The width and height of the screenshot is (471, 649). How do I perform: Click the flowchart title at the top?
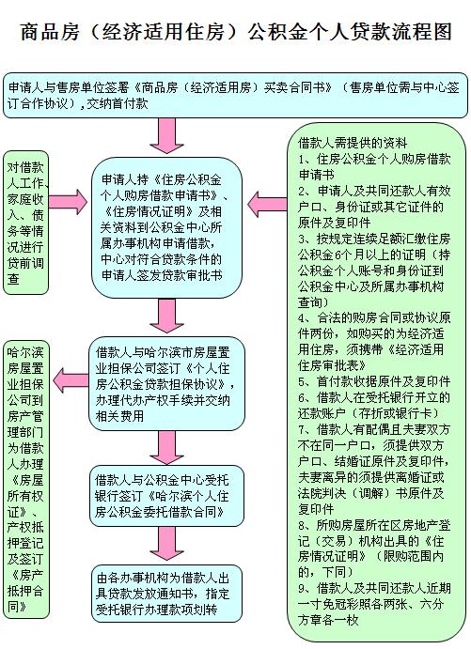pyautogui.click(x=236, y=32)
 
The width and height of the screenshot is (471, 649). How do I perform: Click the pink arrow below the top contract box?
pyautogui.click(x=166, y=136)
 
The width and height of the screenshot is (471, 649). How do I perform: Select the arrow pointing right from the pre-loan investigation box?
pyautogui.click(x=68, y=202)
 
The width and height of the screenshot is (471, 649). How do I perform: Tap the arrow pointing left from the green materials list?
pyautogui.click(x=267, y=204)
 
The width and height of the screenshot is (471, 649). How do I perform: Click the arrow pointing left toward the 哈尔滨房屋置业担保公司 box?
pyautogui.click(x=71, y=380)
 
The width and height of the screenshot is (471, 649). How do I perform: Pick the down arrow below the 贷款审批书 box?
pyautogui.click(x=166, y=315)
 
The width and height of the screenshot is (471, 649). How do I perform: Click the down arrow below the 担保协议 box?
pyautogui.click(x=166, y=447)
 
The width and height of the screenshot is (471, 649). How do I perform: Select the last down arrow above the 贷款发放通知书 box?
pyautogui.click(x=166, y=544)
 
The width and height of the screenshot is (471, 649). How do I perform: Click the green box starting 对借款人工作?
pyautogui.click(x=25, y=223)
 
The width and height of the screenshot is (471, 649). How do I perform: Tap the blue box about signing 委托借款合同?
pyautogui.click(x=166, y=496)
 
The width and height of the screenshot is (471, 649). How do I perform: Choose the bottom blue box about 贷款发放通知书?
pyautogui.click(x=166, y=593)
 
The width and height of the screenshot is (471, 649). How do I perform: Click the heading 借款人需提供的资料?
pyautogui.click(x=353, y=143)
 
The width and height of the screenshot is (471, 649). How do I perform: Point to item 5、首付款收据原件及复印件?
pyautogui.click(x=374, y=381)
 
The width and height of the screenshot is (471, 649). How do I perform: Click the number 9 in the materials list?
pyautogui.click(x=302, y=588)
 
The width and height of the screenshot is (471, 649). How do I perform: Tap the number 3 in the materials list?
pyautogui.click(x=302, y=239)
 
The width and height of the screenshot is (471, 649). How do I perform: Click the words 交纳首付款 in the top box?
pyautogui.click(x=118, y=103)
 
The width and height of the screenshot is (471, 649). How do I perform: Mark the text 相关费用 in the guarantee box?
pyautogui.click(x=119, y=415)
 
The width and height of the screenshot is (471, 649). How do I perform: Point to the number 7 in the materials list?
pyautogui.click(x=302, y=429)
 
